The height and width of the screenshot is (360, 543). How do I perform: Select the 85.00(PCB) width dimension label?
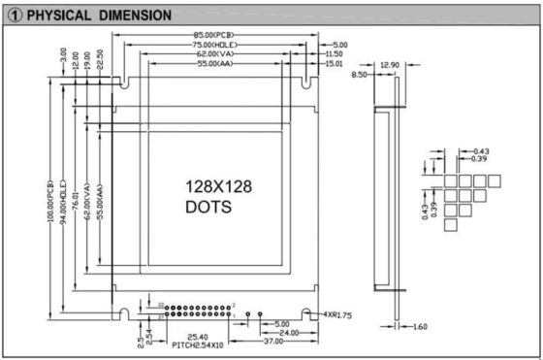[x=213, y=36]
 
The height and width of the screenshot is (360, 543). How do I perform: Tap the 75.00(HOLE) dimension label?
[x=214, y=46]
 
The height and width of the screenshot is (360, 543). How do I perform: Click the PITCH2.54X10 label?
[x=200, y=345]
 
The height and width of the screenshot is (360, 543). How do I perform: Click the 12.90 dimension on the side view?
[x=388, y=64]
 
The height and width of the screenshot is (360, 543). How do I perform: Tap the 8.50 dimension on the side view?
[x=360, y=74]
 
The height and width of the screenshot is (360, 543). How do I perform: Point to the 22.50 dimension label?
[x=101, y=59]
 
